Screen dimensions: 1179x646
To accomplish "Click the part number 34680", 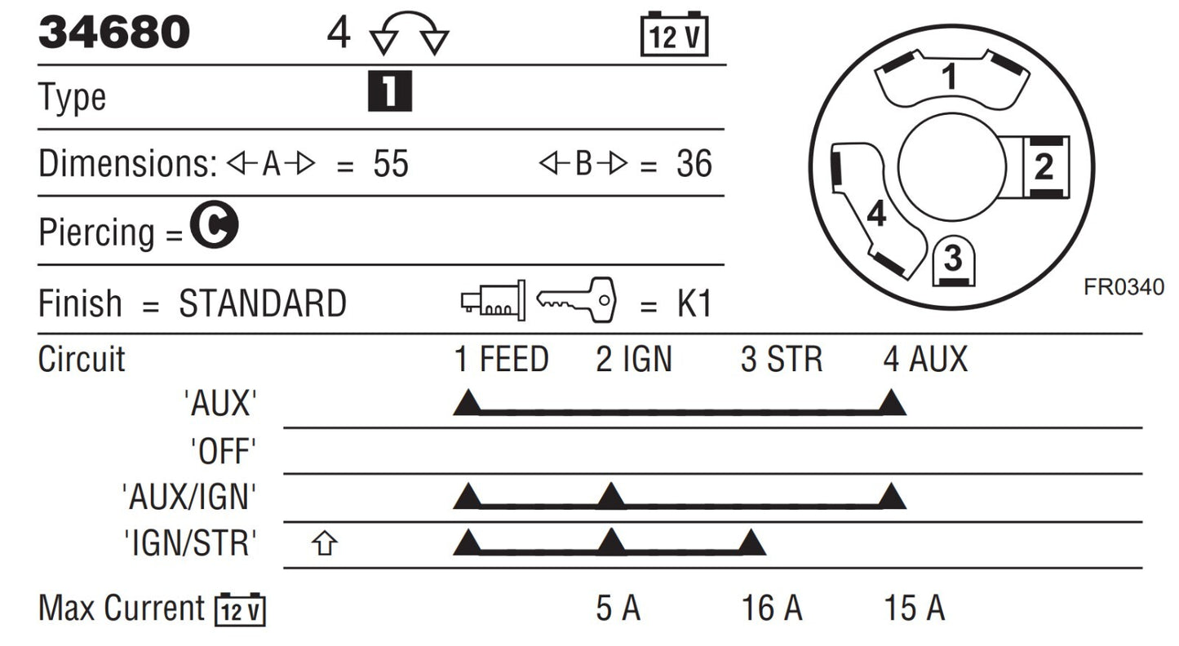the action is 113,33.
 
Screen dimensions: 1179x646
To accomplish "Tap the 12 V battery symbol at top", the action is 674,33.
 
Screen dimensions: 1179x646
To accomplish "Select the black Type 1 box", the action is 390,91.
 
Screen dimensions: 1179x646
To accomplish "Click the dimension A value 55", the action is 391,164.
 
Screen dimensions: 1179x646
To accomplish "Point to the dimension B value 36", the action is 694,164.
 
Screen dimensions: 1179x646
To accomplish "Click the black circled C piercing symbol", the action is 215,224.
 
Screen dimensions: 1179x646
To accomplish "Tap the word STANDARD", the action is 263,303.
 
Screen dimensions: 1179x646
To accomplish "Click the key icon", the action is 576,299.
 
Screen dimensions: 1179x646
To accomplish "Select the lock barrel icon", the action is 493,300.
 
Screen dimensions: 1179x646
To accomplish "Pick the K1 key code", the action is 694,303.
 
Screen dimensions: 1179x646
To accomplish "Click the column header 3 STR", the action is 782,360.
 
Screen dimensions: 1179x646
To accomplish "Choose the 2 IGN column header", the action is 634,360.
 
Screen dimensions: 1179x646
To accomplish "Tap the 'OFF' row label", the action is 224,451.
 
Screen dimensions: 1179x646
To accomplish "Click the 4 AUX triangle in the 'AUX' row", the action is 892,403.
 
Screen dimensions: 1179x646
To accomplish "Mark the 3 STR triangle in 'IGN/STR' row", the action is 751,543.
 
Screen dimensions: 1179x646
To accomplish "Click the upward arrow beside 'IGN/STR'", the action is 325,543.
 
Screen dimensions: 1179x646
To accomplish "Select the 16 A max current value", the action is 772,608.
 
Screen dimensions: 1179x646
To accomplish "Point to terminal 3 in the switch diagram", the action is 953,260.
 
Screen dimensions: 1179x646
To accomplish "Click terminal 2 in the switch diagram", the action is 1045,167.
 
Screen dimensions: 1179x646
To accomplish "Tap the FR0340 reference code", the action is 1124,287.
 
